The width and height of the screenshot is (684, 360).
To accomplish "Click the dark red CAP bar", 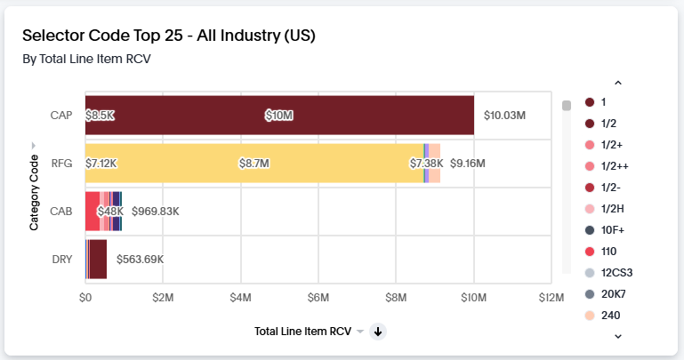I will tap(279, 115).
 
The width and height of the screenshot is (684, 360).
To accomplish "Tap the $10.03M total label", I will tap(504, 116).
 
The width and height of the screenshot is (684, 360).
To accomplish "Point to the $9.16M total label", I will tap(467, 164).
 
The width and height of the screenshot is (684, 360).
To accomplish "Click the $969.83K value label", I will tap(156, 212).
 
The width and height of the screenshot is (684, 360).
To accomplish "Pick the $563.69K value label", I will tap(140, 260).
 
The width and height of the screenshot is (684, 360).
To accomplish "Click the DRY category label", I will tap(62, 260).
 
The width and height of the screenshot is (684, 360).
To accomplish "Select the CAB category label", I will tap(61, 212).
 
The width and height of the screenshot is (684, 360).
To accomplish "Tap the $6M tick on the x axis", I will tap(318, 296).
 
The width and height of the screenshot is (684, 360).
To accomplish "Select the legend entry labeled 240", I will tap(602, 315).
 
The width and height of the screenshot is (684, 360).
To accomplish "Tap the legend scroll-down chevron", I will tap(618, 336).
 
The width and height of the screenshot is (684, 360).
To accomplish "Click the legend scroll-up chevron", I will tap(618, 84).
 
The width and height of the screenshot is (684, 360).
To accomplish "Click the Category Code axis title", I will tap(34, 192).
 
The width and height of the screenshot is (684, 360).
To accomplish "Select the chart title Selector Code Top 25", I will tap(169, 36).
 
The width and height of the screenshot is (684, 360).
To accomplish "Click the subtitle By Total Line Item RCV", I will tap(86, 60).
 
